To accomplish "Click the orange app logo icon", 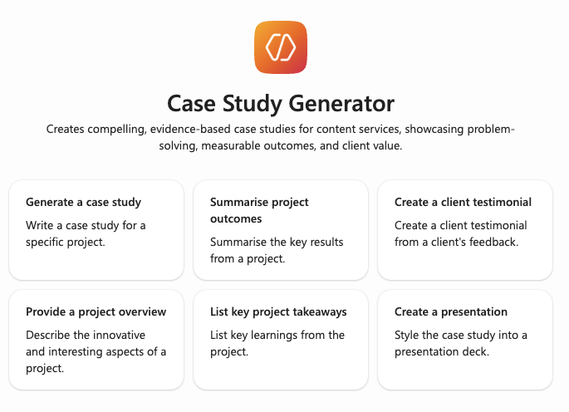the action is tap(281, 47).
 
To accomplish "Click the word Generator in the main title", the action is tap(341, 104).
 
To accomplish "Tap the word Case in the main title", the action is tap(191, 104).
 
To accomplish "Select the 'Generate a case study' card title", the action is tap(83, 202).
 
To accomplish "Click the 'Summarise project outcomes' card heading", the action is tap(259, 210).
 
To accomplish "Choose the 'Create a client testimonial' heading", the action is tap(463, 202).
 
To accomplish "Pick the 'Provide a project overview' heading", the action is tap(96, 311).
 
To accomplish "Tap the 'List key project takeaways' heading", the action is tap(278, 311).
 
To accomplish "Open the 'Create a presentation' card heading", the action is tap(451, 311).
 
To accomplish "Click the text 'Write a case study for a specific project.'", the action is tap(86, 233).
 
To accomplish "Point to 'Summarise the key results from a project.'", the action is tap(277, 250).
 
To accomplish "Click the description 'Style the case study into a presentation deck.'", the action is tap(461, 343).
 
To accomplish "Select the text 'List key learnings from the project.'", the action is tap(277, 343).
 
